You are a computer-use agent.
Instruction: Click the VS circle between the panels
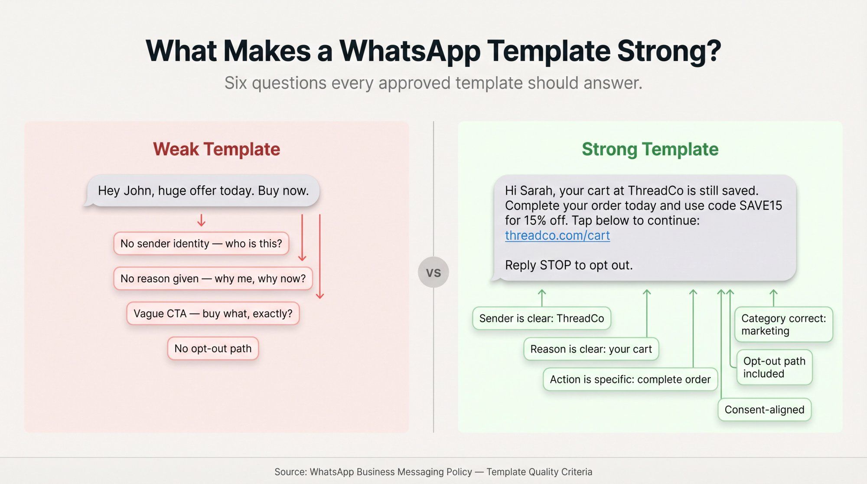pyautogui.click(x=433, y=272)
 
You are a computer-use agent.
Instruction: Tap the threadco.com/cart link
pyautogui.click(x=557, y=235)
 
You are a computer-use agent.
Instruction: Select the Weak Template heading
pyautogui.click(x=216, y=149)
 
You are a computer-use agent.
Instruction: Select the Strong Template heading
pyautogui.click(x=650, y=149)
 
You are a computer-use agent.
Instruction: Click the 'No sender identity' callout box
pyautogui.click(x=201, y=244)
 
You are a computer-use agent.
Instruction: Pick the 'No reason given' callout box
pyautogui.click(x=213, y=278)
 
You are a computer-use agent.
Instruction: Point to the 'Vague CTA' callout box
pyautogui.click(x=213, y=314)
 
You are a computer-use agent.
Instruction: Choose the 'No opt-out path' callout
pyautogui.click(x=213, y=349)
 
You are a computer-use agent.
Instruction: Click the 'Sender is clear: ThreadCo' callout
pyautogui.click(x=541, y=318)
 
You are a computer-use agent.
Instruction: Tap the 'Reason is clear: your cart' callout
pyautogui.click(x=591, y=349)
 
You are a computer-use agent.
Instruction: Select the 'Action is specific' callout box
pyautogui.click(x=630, y=379)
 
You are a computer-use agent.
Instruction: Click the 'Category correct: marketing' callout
pyautogui.click(x=783, y=324)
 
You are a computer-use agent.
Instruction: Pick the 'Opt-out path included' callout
pyautogui.click(x=774, y=367)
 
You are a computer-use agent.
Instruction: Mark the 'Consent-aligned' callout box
pyautogui.click(x=764, y=410)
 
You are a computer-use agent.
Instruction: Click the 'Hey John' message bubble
pyautogui.click(x=203, y=191)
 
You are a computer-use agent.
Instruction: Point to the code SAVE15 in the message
pyautogui.click(x=760, y=206)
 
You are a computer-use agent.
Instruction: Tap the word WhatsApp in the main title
pyautogui.click(x=410, y=51)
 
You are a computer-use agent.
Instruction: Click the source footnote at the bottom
pyautogui.click(x=433, y=472)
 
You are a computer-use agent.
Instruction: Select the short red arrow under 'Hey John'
pyautogui.click(x=201, y=220)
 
